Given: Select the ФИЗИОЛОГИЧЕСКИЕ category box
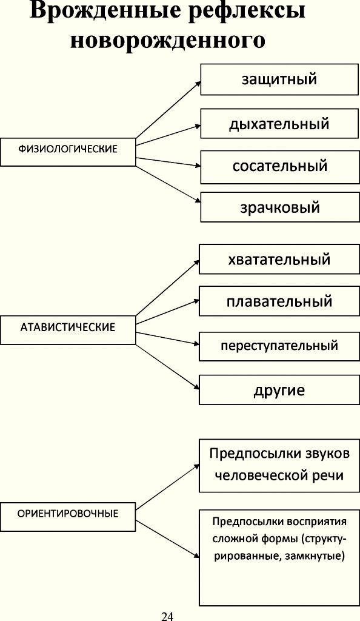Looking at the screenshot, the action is (x=68, y=152).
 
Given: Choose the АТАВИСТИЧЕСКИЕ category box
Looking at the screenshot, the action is (x=68, y=330).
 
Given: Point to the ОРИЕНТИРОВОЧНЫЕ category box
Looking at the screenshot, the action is (x=68, y=517).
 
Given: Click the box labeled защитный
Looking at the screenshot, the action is (x=279, y=79).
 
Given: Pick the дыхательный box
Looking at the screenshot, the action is (x=279, y=124).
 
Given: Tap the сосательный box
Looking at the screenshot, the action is (x=279, y=167).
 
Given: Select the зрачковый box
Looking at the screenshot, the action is (x=279, y=207).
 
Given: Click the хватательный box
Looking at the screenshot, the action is (x=279, y=259).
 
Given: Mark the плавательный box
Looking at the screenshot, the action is (x=279, y=301).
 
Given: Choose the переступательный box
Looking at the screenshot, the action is (x=279, y=346).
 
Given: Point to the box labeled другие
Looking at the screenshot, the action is (x=279, y=390).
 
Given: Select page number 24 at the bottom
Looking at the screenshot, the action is (x=167, y=616).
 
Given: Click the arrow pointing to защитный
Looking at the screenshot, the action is (x=168, y=110).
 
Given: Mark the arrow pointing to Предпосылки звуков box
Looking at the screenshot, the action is (x=167, y=488).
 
